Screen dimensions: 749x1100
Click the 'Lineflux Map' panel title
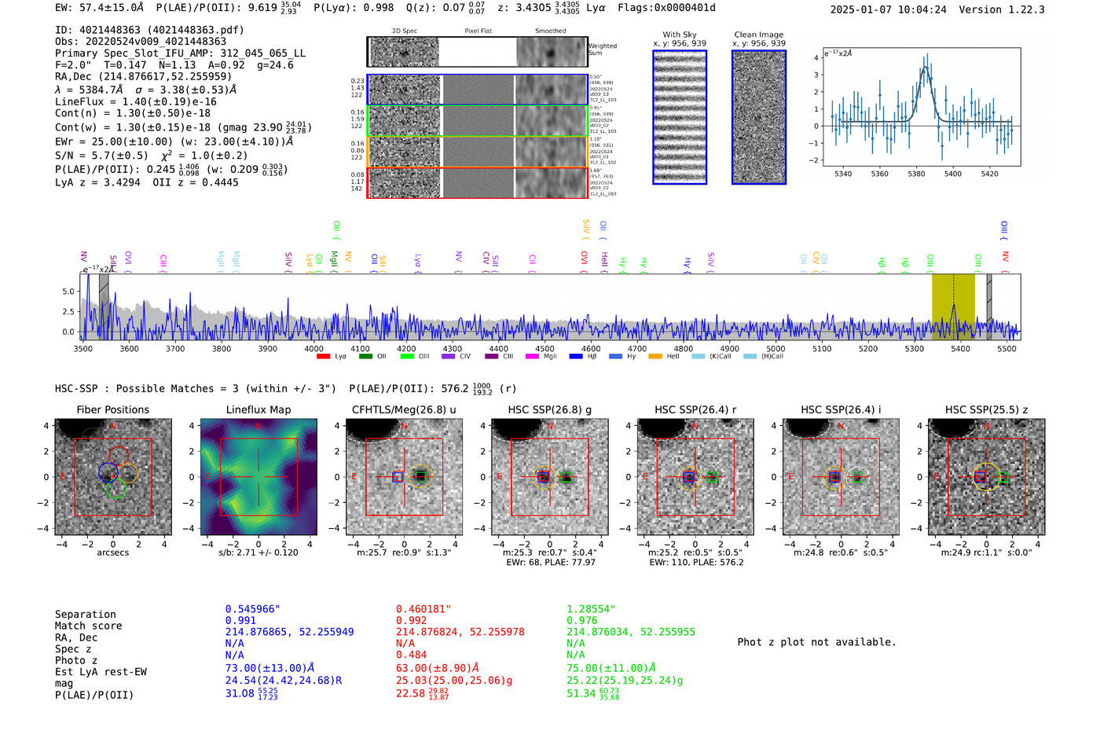[258, 409]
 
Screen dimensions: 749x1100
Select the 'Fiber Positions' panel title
[112, 409]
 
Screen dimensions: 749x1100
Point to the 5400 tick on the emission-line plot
[952, 174]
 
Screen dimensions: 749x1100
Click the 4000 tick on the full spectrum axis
[313, 348]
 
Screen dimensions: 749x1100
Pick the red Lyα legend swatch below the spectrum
[323, 357]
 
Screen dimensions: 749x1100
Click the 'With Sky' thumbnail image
[679, 117]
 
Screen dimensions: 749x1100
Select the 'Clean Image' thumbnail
[758, 117]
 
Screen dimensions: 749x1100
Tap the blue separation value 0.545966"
[252, 609]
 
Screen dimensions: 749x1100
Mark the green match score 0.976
[582, 620]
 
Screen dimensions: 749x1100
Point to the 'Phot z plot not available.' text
[816, 642]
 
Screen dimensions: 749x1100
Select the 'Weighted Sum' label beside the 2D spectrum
[602, 50]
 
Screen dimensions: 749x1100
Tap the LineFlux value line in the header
[135, 101]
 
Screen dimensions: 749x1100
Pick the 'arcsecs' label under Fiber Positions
[112, 553]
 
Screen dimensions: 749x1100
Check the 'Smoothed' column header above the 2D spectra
[550, 31]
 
